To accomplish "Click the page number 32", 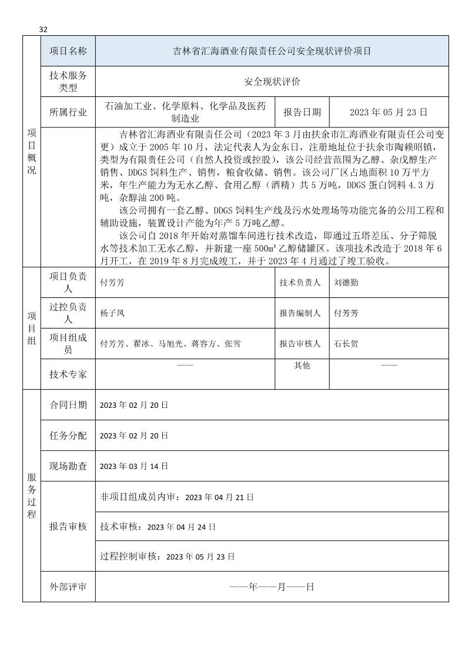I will pyautogui.click(x=43, y=30).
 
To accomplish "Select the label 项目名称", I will pyautogui.click(x=68, y=51).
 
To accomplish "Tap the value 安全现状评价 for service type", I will pyautogui.click(x=272, y=82).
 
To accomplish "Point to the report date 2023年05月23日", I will pyautogui.click(x=389, y=112).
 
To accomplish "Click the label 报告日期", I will pyautogui.click(x=302, y=112).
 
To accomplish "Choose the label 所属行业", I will pyautogui.click(x=68, y=112).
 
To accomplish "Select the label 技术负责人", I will pyautogui.click(x=300, y=282).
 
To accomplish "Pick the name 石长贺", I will pyautogui.click(x=345, y=344).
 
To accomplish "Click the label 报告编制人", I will pyautogui.click(x=300, y=313).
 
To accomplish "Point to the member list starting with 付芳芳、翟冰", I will pyautogui.click(x=170, y=344).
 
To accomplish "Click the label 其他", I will pyautogui.click(x=302, y=366).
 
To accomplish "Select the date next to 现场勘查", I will pyautogui.click(x=134, y=466).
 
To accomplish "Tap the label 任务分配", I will pyautogui.click(x=68, y=435).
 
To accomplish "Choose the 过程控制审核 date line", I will pyautogui.click(x=168, y=556).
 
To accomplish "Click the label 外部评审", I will pyautogui.click(x=68, y=586).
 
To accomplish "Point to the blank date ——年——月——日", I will pyautogui.click(x=272, y=586).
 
